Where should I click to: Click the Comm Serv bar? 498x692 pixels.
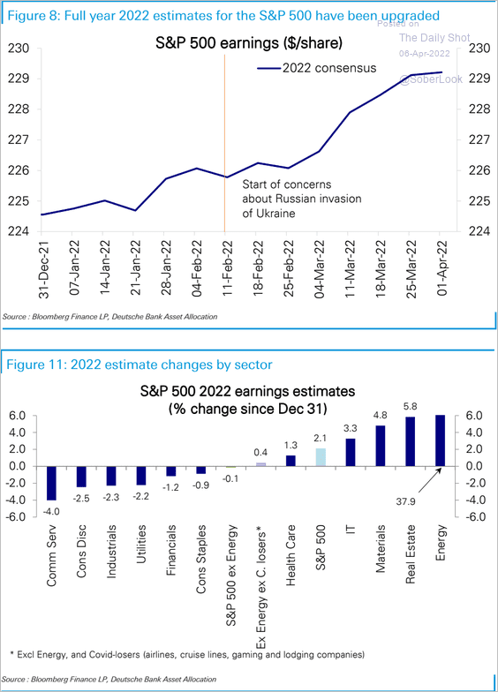(52, 483)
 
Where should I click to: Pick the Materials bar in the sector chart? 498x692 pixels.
(381, 446)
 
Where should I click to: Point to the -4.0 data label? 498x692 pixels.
(52, 511)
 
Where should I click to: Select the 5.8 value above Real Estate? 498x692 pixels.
(410, 408)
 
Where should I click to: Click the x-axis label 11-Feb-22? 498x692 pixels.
(228, 267)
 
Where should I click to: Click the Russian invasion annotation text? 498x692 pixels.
(289, 199)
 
